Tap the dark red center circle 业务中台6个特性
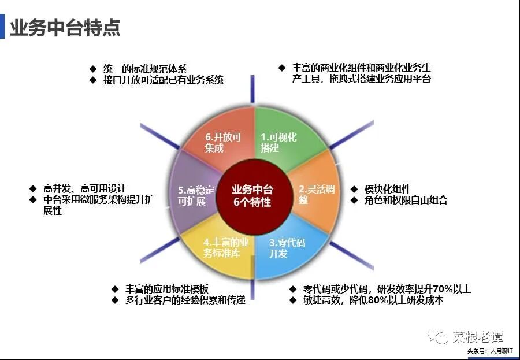point(252,196)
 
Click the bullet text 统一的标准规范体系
point(145,69)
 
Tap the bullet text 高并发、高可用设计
point(84,188)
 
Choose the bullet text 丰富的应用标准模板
point(167,289)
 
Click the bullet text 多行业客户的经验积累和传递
point(185,300)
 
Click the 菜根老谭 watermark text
point(477,336)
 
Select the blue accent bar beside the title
point(2,27)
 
